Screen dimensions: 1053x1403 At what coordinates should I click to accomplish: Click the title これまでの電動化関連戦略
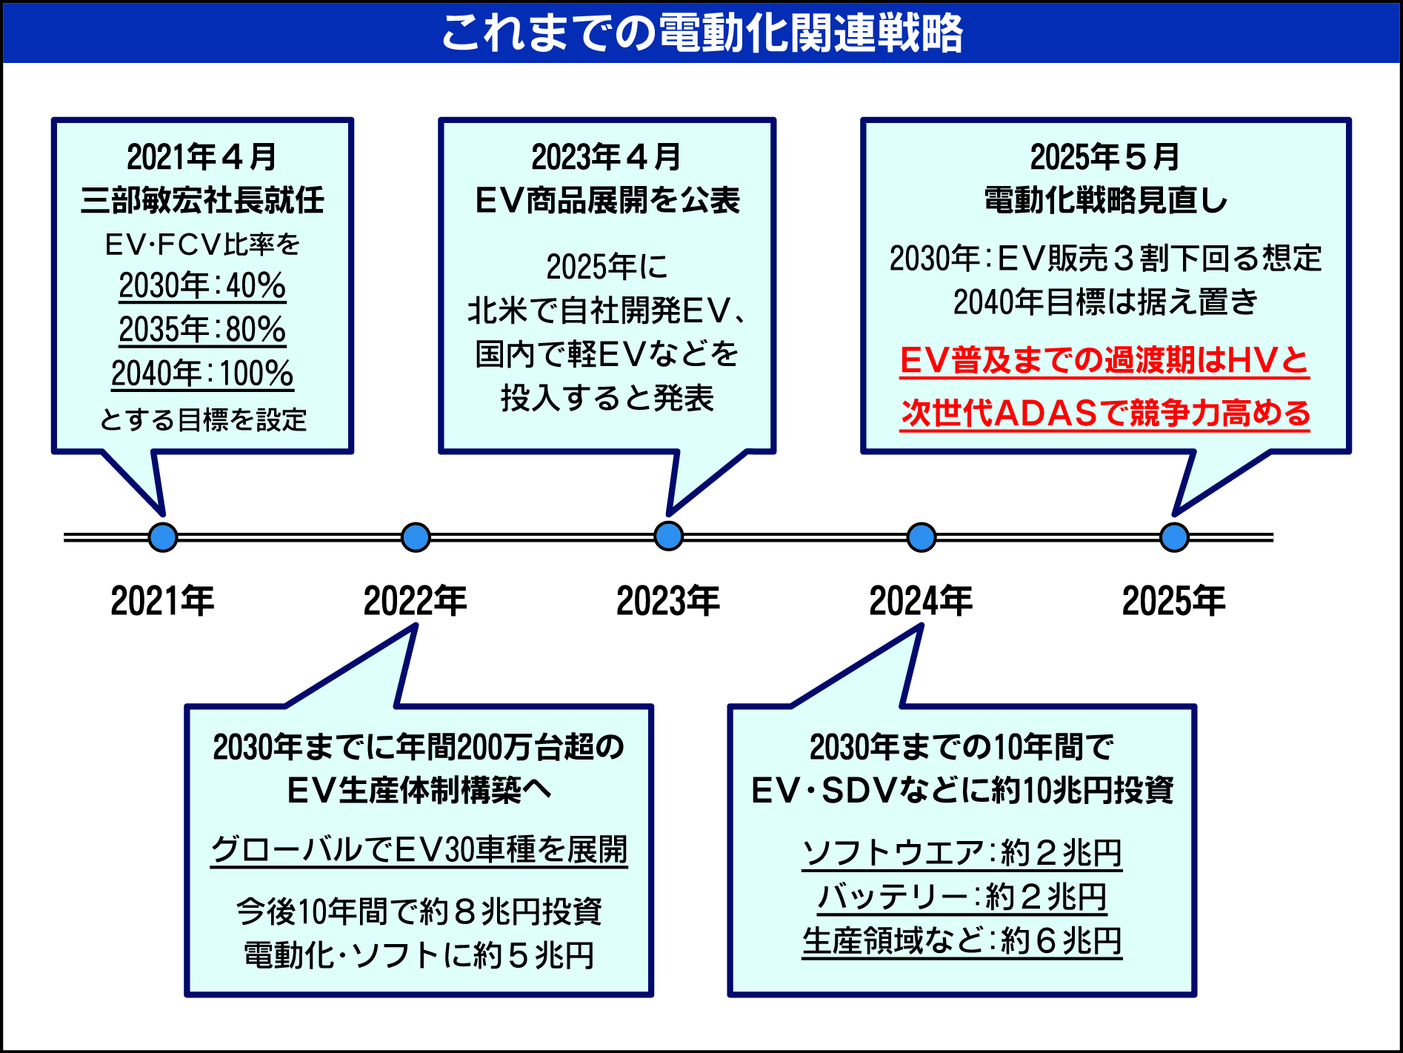click(701, 33)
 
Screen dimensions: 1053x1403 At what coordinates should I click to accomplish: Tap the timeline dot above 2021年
click(163, 537)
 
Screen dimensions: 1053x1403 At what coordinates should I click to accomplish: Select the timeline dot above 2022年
click(416, 537)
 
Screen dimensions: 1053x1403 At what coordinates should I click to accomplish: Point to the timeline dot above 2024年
click(922, 537)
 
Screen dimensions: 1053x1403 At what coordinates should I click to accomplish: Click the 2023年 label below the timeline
click(668, 600)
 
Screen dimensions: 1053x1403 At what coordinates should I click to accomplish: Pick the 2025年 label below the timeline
click(1173, 600)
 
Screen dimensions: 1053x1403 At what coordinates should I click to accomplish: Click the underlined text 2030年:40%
click(202, 286)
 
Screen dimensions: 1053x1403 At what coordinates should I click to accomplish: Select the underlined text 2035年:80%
click(202, 330)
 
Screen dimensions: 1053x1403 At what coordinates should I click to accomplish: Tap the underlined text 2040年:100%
click(202, 373)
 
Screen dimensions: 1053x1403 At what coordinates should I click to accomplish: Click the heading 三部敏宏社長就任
click(202, 200)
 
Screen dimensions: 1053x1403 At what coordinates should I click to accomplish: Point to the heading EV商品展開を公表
click(607, 200)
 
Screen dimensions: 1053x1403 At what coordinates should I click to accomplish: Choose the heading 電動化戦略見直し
click(1105, 200)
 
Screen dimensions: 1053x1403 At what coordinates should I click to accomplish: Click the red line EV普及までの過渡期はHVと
click(1104, 361)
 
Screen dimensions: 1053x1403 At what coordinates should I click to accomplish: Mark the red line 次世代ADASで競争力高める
click(1104, 413)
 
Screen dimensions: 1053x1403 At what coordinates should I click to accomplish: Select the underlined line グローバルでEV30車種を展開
click(419, 849)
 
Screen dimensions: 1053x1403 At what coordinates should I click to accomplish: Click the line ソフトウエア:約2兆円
click(962, 853)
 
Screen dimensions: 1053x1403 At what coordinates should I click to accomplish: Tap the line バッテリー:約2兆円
click(962, 897)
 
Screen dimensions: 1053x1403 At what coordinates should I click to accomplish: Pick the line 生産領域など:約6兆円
click(962, 941)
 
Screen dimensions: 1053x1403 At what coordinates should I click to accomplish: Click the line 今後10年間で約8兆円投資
click(419, 911)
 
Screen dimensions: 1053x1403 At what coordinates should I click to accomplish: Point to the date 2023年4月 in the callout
click(606, 157)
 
